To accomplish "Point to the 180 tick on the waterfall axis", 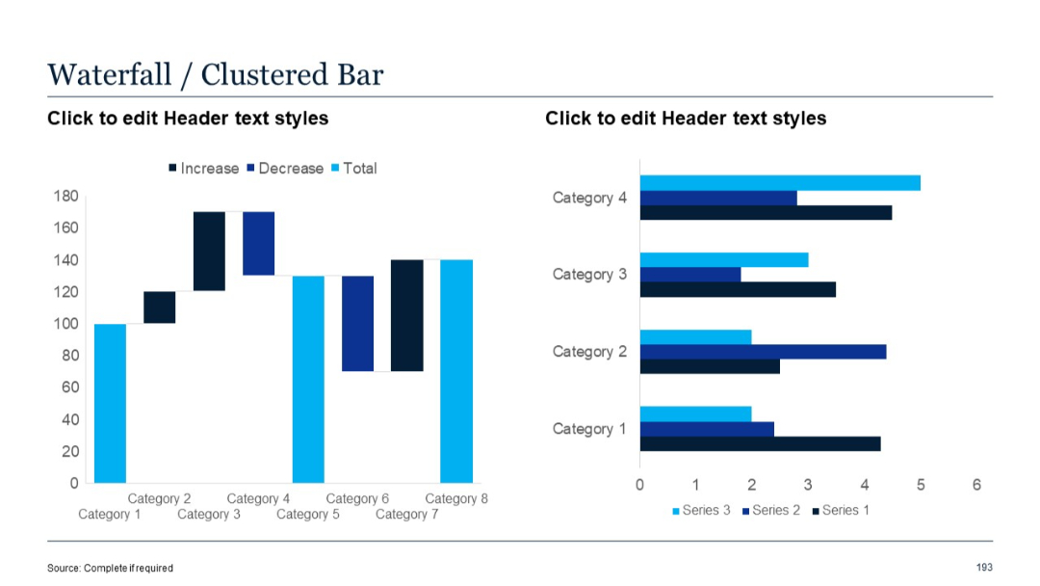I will pyautogui.click(x=65, y=197).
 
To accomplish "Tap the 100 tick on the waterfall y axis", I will pyautogui.click(x=65, y=324).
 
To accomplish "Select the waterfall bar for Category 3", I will pyautogui.click(x=209, y=251).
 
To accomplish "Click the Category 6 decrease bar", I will pyautogui.click(x=357, y=323).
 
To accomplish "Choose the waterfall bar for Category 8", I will pyautogui.click(x=456, y=371).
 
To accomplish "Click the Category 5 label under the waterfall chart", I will pyautogui.click(x=308, y=515).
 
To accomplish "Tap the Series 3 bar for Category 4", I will pyautogui.click(x=780, y=183).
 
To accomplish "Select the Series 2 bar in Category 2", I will pyautogui.click(x=763, y=352).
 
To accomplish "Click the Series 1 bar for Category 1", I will pyautogui.click(x=760, y=444).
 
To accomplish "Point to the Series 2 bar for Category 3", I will pyautogui.click(x=690, y=275).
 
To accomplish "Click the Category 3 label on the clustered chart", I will pyautogui.click(x=589, y=275).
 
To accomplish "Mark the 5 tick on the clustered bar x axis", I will pyautogui.click(x=921, y=484).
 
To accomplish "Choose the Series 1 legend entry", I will pyautogui.click(x=845, y=510).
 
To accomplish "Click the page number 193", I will pyautogui.click(x=984, y=568).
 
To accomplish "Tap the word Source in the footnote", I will pyautogui.click(x=63, y=569).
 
